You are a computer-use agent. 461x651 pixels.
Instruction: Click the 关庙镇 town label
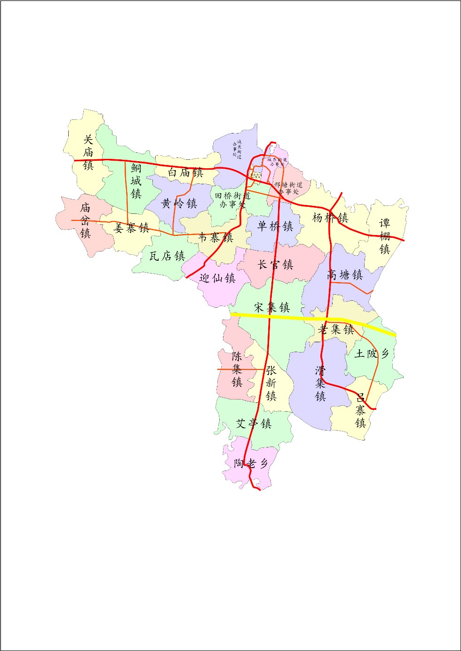pyautogui.click(x=88, y=152)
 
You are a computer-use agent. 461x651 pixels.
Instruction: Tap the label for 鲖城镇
pyautogui.click(x=136, y=181)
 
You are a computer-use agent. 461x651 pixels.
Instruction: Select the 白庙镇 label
pyautogui.click(x=185, y=173)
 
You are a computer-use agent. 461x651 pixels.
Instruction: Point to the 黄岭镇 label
pyautogui.click(x=179, y=204)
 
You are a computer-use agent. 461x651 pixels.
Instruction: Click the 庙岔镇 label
pyautogui.click(x=85, y=220)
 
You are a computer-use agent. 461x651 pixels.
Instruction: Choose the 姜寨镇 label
pyautogui.click(x=132, y=228)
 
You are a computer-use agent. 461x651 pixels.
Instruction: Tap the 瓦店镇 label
pyautogui.click(x=167, y=256)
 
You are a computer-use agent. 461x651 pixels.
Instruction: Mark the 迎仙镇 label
pyautogui.click(x=217, y=278)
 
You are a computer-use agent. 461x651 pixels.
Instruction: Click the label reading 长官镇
pyautogui.click(x=275, y=265)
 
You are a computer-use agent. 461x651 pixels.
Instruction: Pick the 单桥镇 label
pyautogui.click(x=275, y=227)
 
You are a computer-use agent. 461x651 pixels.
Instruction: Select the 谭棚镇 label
pyautogui.click(x=385, y=236)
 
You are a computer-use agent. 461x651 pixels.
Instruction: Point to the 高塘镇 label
pyautogui.click(x=345, y=275)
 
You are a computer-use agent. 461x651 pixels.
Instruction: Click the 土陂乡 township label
pyautogui.click(x=372, y=353)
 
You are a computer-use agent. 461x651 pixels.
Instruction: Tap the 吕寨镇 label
pyautogui.click(x=360, y=410)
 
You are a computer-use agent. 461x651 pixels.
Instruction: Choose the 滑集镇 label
pyautogui.click(x=320, y=383)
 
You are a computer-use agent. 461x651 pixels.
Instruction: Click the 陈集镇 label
pyautogui.click(x=237, y=369)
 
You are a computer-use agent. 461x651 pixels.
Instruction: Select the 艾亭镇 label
pyautogui.click(x=254, y=424)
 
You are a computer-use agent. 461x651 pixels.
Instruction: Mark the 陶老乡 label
pyautogui.click(x=251, y=463)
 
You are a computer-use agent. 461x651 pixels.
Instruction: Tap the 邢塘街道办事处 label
pyautogui.click(x=288, y=188)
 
